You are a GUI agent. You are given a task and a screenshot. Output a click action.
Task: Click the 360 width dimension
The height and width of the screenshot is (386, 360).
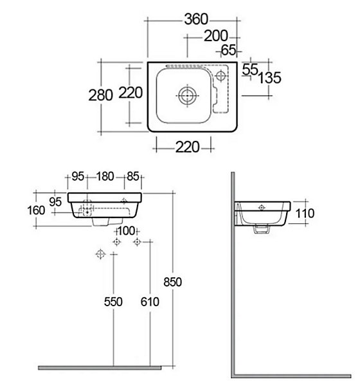[x=196, y=19]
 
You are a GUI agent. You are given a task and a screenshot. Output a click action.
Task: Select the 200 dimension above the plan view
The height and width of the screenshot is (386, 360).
[x=216, y=36]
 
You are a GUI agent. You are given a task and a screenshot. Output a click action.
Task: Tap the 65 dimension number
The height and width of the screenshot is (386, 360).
[x=228, y=50]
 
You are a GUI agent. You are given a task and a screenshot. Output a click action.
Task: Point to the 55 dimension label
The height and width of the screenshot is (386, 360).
[x=250, y=69]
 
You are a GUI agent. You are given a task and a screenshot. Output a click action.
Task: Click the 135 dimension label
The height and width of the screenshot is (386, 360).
[x=269, y=78]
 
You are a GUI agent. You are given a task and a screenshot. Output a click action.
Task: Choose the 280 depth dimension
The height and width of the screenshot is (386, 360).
[x=100, y=95]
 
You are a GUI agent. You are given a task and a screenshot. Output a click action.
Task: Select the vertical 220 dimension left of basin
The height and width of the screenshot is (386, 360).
[x=130, y=93]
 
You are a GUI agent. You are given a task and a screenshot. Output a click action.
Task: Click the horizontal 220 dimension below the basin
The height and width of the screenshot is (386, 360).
[x=187, y=147]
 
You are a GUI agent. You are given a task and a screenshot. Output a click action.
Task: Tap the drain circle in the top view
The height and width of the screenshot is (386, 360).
[x=188, y=95]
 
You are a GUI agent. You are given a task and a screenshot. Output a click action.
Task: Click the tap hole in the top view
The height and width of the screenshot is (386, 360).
[x=221, y=75]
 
